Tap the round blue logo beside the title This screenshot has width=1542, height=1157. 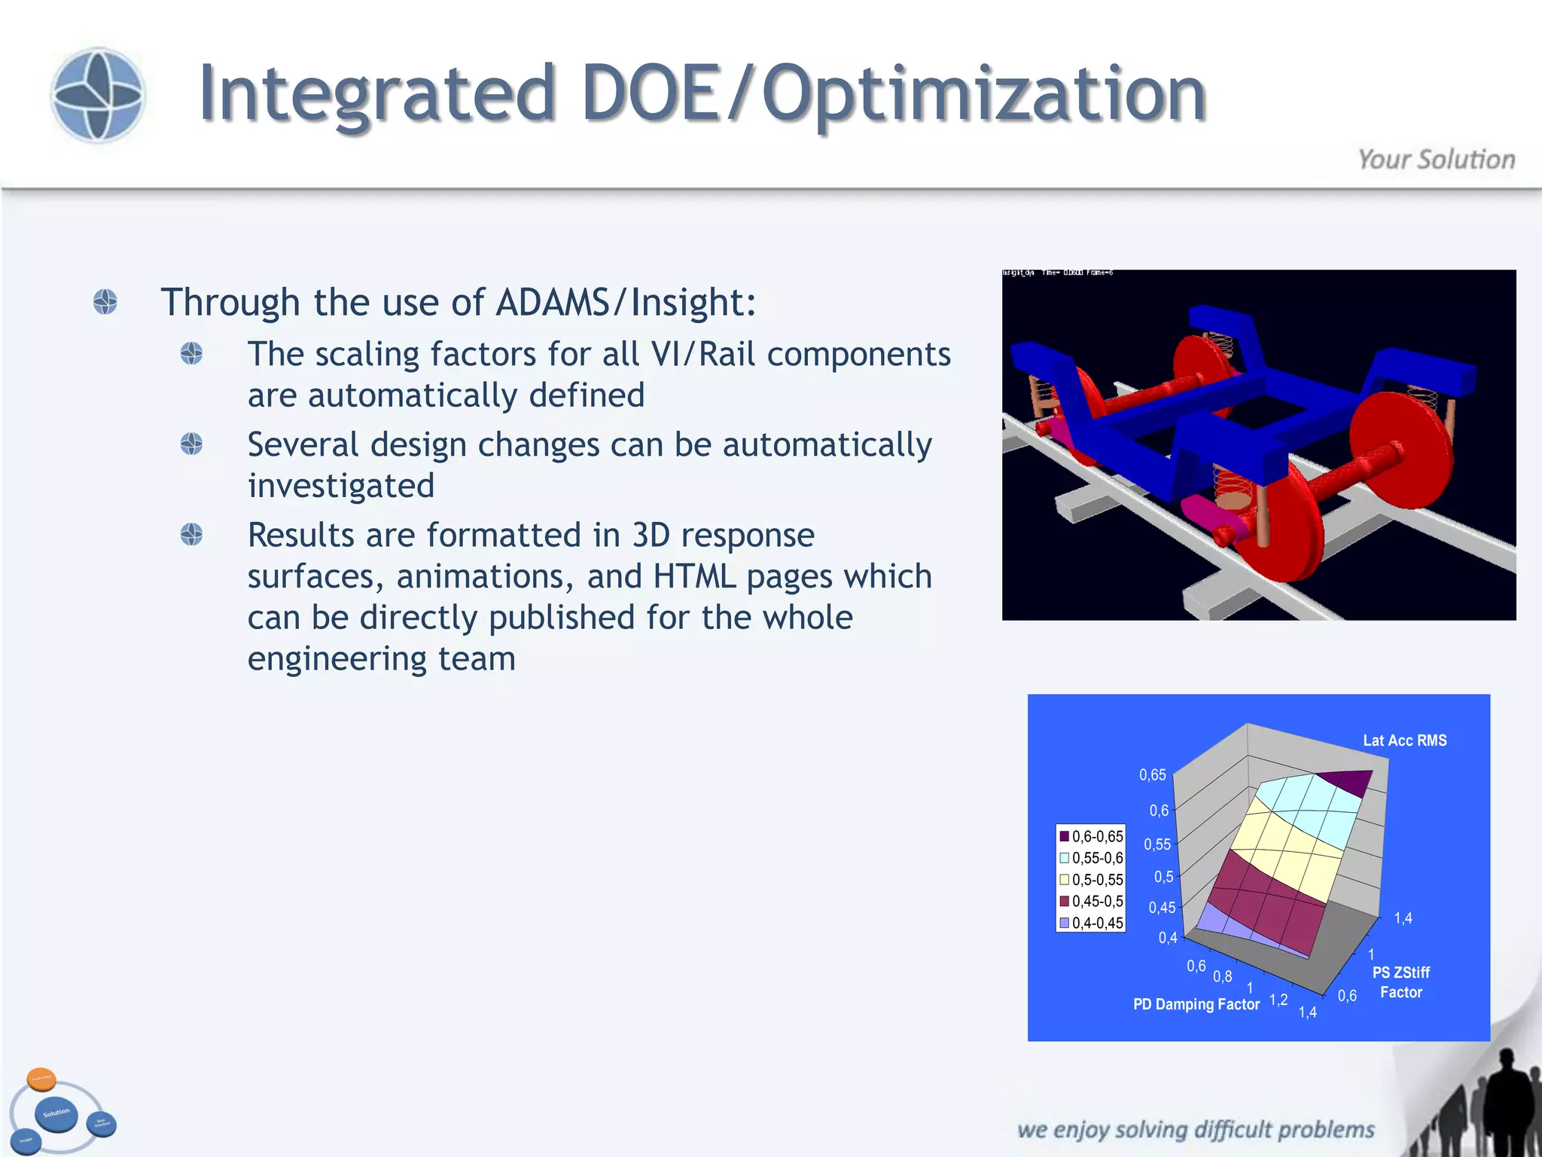[97, 95]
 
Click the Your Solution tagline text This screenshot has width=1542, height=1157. [1436, 160]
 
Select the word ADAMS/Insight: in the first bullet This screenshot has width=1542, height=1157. [626, 303]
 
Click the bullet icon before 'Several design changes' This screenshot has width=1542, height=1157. [191, 444]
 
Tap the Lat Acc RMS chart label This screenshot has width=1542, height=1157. [1404, 740]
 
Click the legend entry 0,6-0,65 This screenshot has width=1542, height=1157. [1091, 836]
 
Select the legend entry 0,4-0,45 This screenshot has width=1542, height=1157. [1091, 923]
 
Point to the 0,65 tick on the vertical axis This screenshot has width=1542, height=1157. [1152, 774]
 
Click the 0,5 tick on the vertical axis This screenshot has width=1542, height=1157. [1163, 877]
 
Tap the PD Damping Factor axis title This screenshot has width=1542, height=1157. [1196, 1004]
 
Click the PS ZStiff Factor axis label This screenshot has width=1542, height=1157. [1400, 982]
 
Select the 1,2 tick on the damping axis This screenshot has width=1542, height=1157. [1278, 1000]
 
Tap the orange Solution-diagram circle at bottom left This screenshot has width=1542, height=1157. [41, 1079]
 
